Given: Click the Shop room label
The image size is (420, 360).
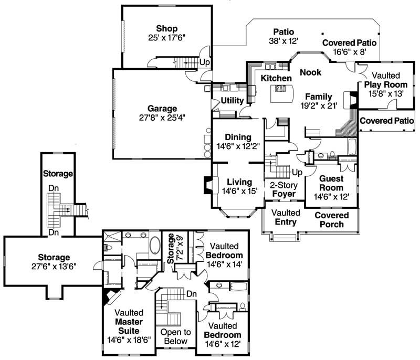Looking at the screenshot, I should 166,28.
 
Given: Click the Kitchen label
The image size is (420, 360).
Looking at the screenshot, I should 276,78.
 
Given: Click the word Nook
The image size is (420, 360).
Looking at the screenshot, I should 311,72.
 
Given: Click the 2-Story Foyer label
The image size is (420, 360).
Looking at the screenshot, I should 283,190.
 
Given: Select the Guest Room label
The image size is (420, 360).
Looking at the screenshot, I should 331,183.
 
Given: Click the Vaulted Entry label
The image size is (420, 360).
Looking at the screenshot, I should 286,217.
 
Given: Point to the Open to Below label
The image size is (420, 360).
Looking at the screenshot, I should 175,337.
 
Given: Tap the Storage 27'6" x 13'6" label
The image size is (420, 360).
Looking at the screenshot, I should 54,261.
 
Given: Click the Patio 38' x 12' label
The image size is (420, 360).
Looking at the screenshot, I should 283,36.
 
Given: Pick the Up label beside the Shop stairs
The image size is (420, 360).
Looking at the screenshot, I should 205,62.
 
